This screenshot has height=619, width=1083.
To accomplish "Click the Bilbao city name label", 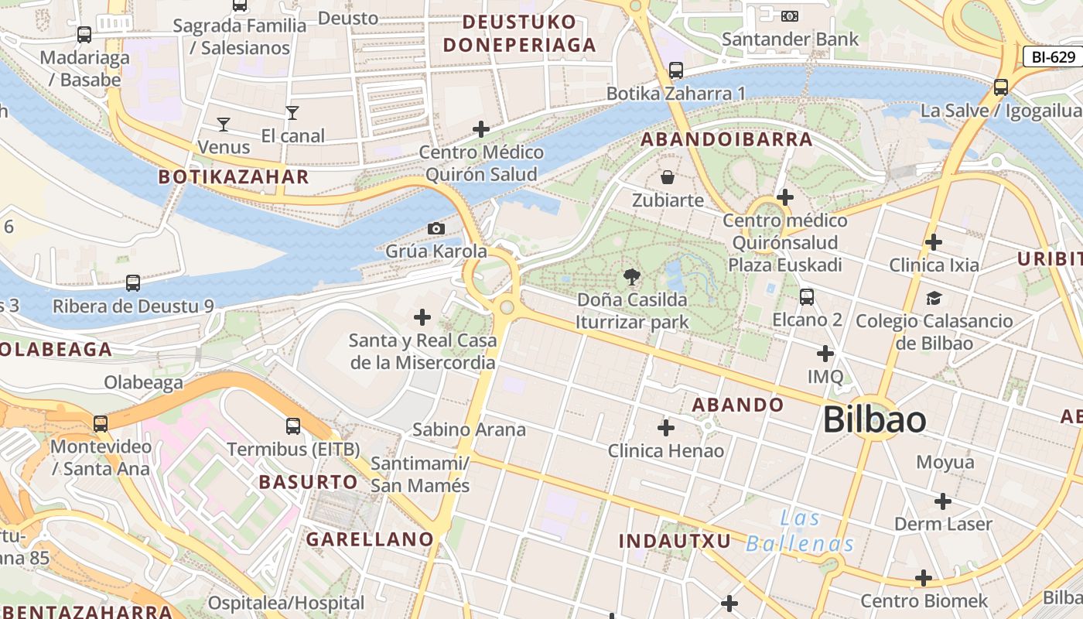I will click(874, 419).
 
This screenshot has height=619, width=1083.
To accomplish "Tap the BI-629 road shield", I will click(1053, 56).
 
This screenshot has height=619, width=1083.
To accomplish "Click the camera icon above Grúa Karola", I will click(436, 228).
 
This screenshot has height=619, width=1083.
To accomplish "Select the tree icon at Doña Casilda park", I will click(632, 276).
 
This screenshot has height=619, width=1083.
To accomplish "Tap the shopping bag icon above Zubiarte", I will click(668, 177).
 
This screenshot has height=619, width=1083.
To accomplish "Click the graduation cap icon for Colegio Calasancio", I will click(934, 298).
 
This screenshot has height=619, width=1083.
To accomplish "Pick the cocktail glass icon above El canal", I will click(292, 113).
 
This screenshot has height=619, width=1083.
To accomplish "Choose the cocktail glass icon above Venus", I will click(224, 124).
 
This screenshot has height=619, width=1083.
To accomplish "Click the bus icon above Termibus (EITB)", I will click(293, 426).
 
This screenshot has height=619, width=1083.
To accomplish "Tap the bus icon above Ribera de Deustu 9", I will click(133, 283).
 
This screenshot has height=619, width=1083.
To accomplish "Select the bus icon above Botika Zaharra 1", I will click(676, 70).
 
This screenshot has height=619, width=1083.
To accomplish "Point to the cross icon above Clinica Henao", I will click(665, 427).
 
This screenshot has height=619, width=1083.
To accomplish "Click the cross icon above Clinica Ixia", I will click(934, 242).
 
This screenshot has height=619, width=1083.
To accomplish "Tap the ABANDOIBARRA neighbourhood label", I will click(726, 140).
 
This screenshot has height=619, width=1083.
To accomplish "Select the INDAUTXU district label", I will click(675, 541).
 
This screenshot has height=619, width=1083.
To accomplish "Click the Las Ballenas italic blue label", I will click(800, 531).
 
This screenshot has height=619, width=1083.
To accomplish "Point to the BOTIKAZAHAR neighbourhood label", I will click(234, 177).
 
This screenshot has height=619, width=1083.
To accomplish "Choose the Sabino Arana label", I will click(469, 429).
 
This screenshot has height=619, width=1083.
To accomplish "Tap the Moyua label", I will click(945, 463).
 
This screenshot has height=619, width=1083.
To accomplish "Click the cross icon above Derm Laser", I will click(942, 501).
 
